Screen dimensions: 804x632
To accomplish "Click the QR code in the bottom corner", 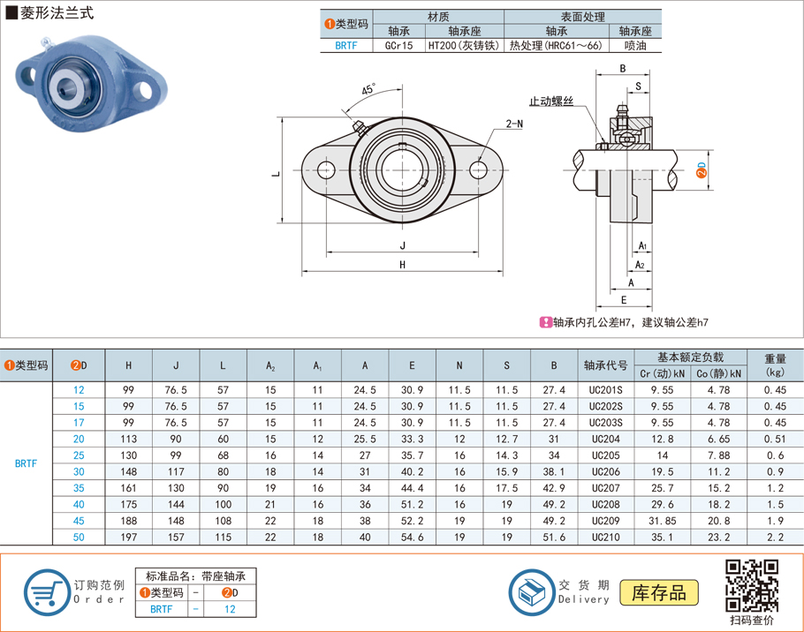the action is pos(752,586).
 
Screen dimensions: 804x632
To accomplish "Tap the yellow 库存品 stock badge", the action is pos(659,593).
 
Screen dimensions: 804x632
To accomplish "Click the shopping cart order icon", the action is pos(47,592).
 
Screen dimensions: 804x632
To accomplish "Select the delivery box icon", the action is pos(532,592).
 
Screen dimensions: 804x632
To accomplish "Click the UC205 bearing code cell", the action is pos(605,455).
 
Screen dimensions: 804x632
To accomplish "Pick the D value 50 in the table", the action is pos(79,538).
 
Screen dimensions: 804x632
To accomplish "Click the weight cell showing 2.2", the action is pos(776,538).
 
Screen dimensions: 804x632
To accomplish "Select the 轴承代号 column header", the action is pos(605,365).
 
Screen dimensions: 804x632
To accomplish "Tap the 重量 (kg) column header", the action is pos(776,365).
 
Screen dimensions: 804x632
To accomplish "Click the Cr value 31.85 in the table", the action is pos(663,521).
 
